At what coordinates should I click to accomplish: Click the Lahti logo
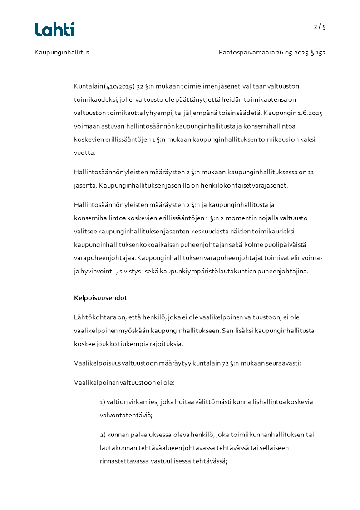(x=54, y=30)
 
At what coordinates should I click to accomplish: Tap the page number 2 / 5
(x=320, y=26)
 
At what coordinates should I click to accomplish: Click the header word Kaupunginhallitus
(x=62, y=52)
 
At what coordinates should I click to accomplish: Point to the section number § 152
(x=318, y=52)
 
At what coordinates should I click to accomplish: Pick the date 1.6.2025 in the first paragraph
(x=310, y=112)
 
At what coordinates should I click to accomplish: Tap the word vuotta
(x=85, y=153)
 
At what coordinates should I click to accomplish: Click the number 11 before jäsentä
(x=311, y=172)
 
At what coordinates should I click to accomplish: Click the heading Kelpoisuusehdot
(x=100, y=298)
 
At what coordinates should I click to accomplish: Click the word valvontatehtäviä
(x=126, y=415)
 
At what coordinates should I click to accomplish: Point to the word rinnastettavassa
(x=126, y=461)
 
